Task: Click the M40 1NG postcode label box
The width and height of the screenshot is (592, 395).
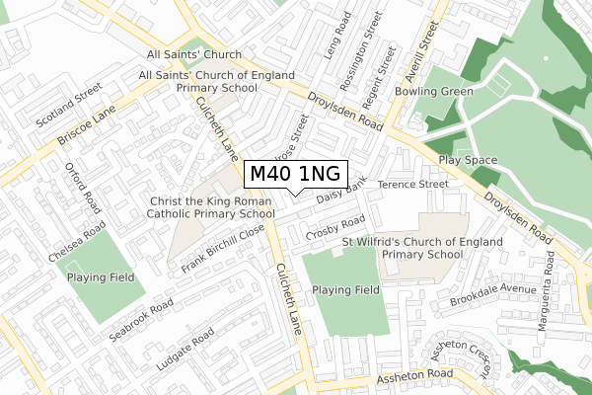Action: click(x=296, y=174)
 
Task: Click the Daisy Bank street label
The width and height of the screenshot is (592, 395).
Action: click(x=341, y=191)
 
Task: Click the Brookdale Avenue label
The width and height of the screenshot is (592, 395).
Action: click(x=490, y=287)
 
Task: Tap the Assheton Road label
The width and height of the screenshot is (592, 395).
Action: click(x=413, y=375)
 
